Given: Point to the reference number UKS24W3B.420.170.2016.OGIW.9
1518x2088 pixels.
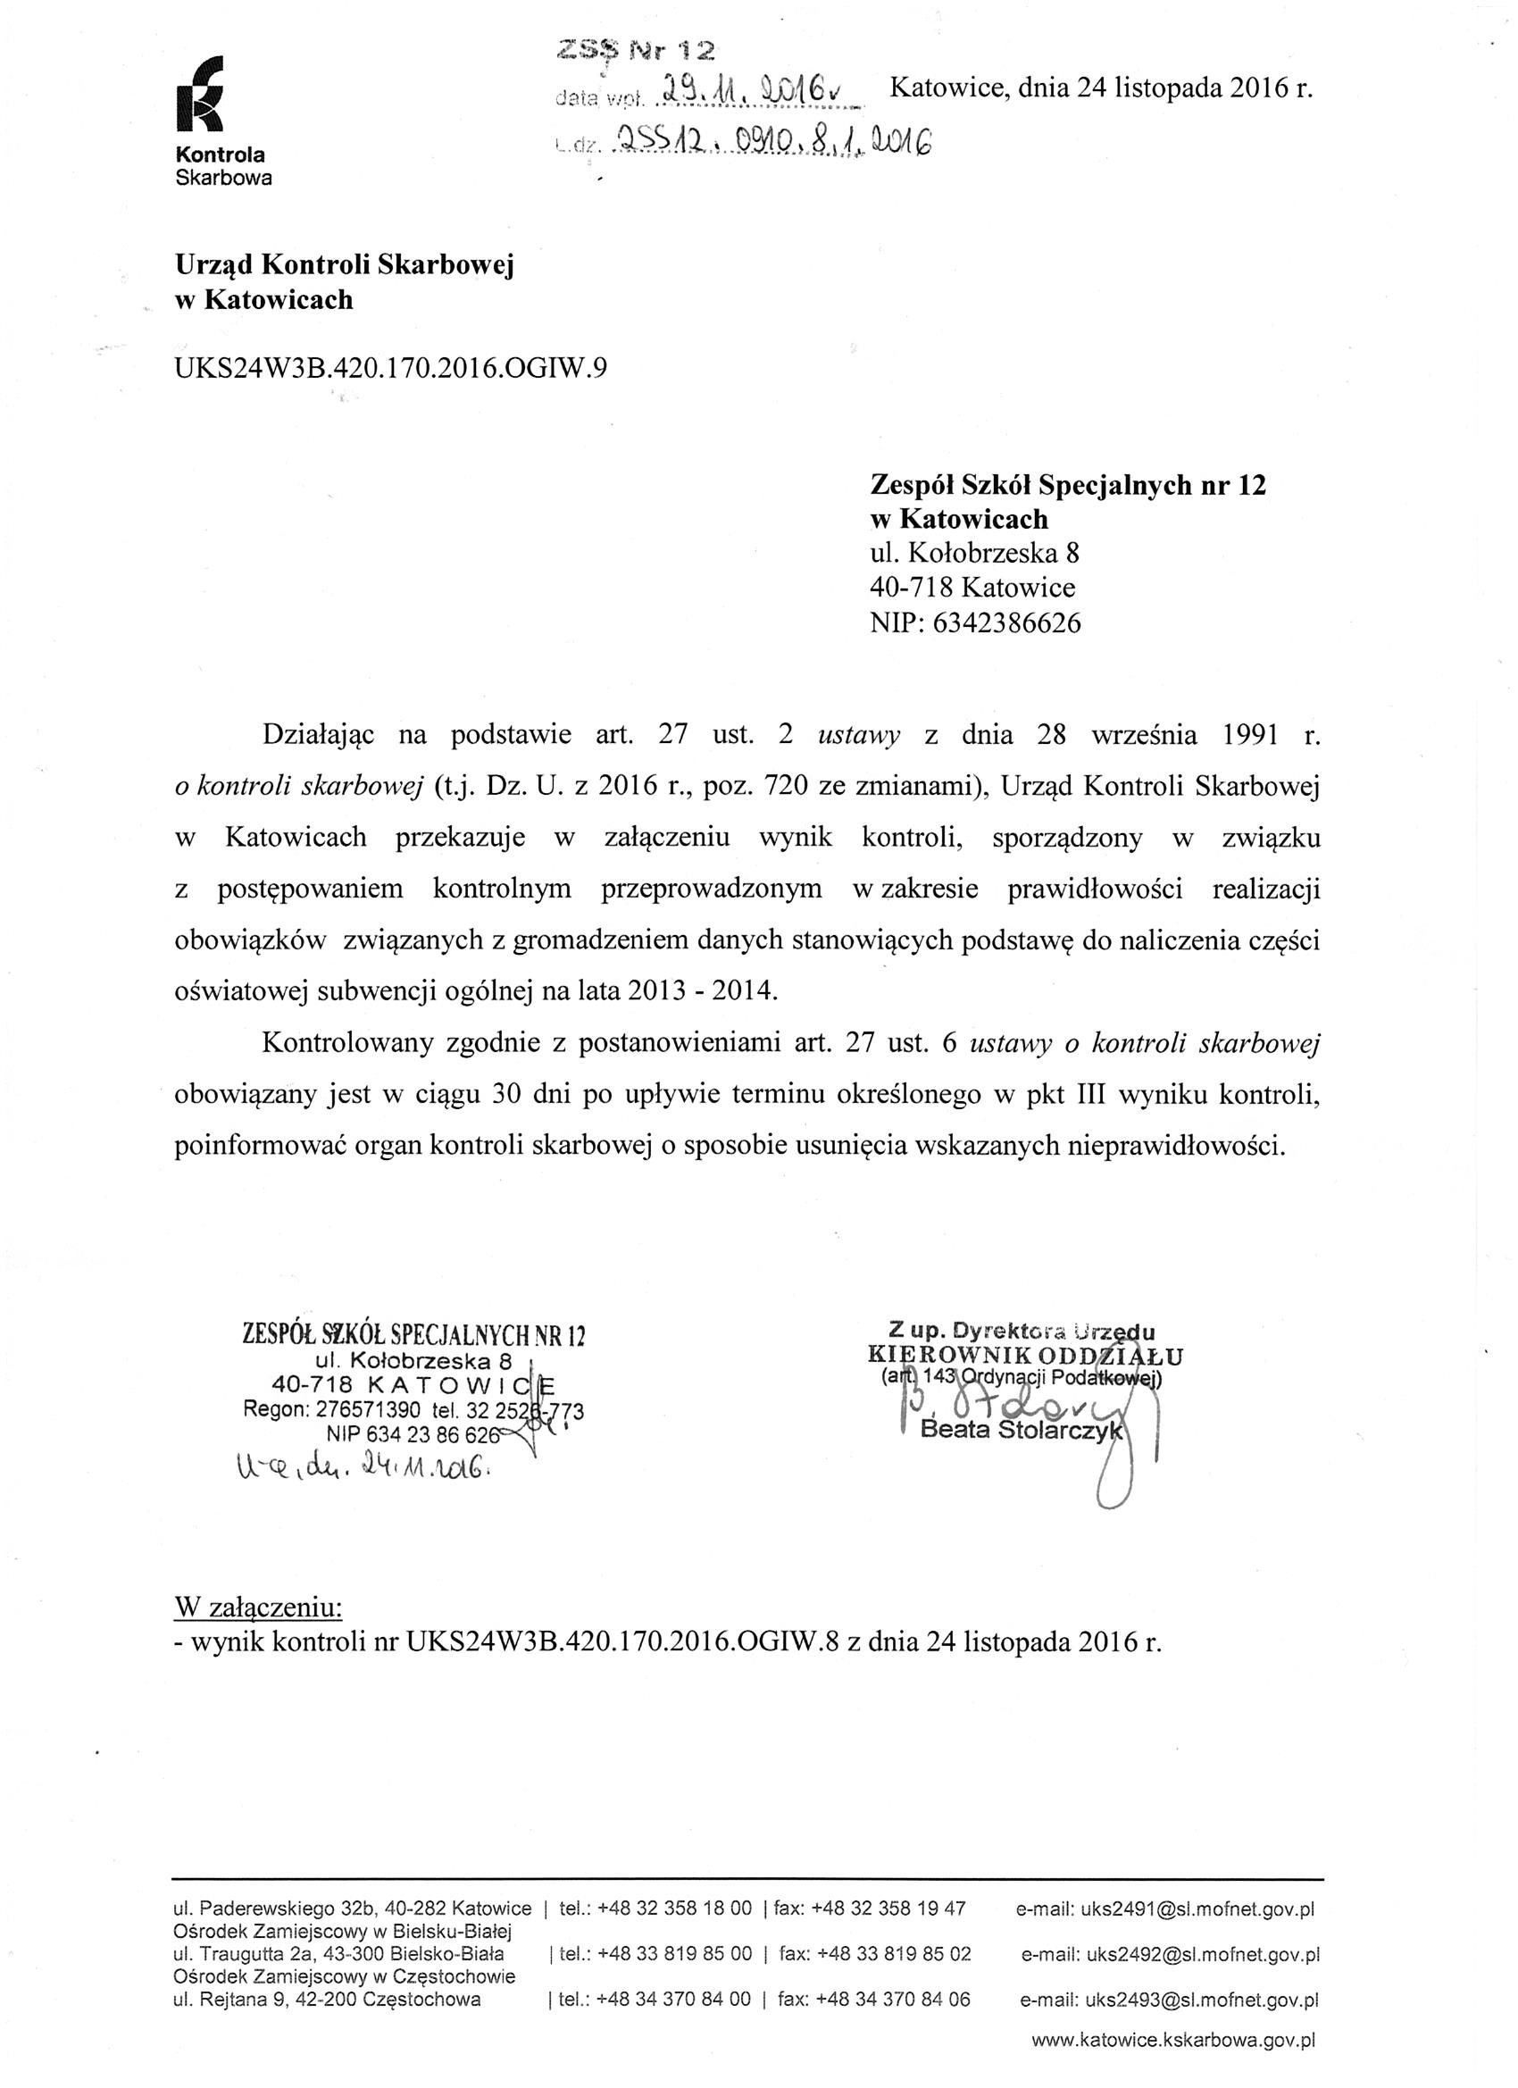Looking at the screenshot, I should pos(390,367).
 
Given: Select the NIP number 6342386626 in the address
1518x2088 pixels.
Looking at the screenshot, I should pos(1006,623).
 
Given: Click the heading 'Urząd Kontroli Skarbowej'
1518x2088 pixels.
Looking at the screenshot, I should pos(345,265).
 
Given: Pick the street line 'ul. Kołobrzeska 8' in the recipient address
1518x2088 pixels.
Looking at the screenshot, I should pos(974,554).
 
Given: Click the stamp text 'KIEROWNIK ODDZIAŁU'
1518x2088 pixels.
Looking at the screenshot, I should pos(1023,1355).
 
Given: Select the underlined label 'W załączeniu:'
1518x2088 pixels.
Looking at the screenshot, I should pos(258,1608).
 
